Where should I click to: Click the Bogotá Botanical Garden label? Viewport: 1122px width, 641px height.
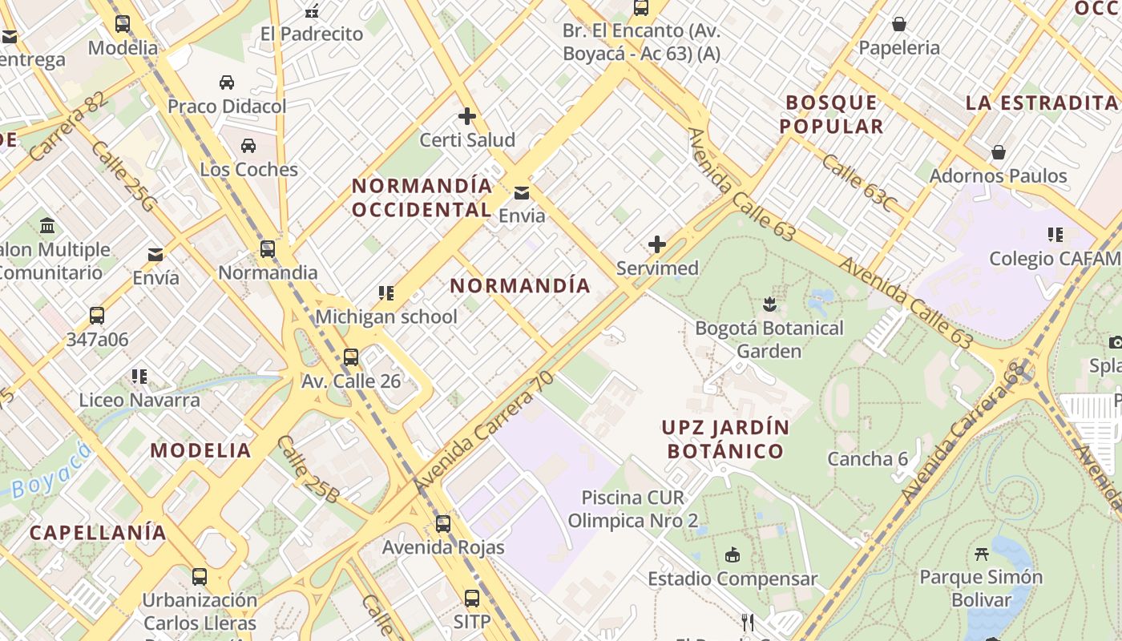click(x=769, y=339)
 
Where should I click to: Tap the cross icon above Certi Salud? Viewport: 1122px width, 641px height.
click(x=467, y=116)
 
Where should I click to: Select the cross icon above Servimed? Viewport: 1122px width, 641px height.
click(x=657, y=244)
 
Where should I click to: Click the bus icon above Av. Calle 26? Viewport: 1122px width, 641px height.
click(x=351, y=357)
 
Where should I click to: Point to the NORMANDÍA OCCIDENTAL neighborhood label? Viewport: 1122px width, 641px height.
click(x=422, y=197)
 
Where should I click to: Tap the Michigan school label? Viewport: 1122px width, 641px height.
click(x=386, y=316)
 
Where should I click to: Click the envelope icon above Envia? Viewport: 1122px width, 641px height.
click(x=522, y=192)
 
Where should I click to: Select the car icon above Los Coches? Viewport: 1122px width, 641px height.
click(x=248, y=146)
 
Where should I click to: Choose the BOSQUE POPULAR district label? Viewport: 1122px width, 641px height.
click(x=832, y=114)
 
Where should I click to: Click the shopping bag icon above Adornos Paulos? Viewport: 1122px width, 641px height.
click(x=999, y=152)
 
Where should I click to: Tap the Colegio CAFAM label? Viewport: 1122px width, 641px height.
click(x=1055, y=258)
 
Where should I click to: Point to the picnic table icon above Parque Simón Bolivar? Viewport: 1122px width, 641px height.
click(x=981, y=554)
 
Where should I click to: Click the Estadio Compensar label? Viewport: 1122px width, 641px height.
click(x=733, y=579)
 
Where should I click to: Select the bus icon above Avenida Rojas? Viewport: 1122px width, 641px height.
click(x=443, y=524)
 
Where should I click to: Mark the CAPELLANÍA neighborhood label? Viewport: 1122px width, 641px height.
click(x=98, y=532)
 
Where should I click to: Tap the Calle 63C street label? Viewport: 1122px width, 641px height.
click(x=858, y=183)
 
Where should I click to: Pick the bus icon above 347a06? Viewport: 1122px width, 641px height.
click(x=97, y=316)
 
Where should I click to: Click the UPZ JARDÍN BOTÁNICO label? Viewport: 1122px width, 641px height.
click(x=725, y=439)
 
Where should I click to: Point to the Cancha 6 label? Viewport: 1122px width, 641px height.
click(x=868, y=459)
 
